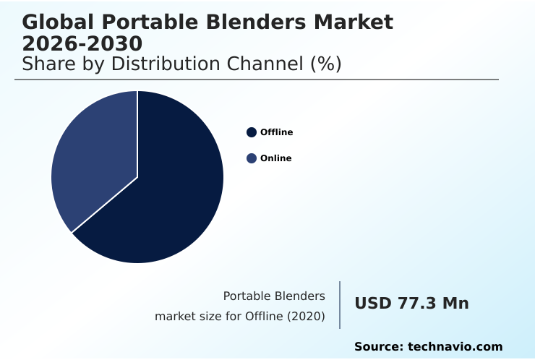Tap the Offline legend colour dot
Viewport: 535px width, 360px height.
[252, 132]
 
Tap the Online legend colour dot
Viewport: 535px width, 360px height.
[252, 158]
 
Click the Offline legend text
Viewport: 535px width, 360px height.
[277, 132]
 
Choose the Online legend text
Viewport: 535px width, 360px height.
[276, 158]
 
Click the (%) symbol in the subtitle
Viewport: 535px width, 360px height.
[325, 64]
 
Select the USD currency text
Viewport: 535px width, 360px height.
[373, 304]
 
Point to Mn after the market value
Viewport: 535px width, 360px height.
[455, 304]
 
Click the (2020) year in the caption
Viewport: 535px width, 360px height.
[307, 317]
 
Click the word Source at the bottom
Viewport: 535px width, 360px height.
[378, 347]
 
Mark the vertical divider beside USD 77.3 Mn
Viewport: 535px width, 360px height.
[340, 305]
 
